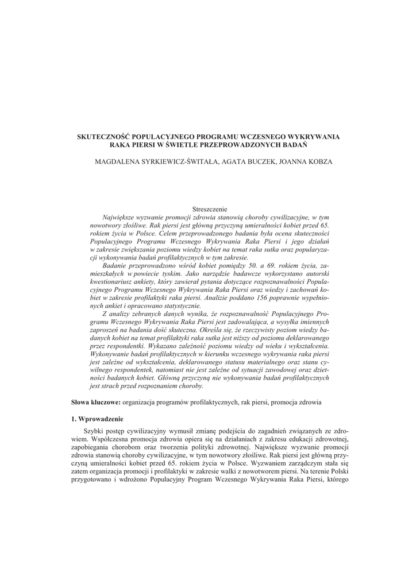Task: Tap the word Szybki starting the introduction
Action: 94,431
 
